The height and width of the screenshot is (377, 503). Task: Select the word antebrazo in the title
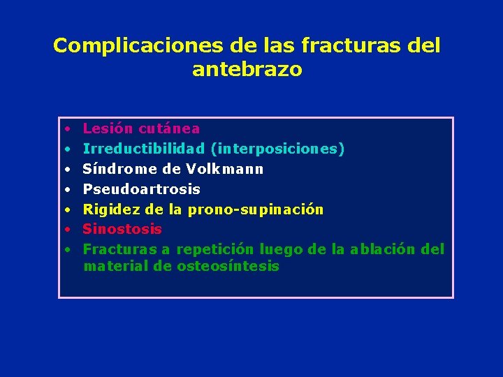(x=247, y=70)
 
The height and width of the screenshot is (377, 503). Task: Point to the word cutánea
(x=169, y=128)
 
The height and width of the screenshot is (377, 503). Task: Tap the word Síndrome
(x=114, y=169)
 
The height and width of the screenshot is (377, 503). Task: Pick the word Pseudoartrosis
(x=141, y=189)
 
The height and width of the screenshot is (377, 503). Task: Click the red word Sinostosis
(x=122, y=229)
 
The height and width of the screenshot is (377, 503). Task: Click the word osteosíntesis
(x=228, y=266)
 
